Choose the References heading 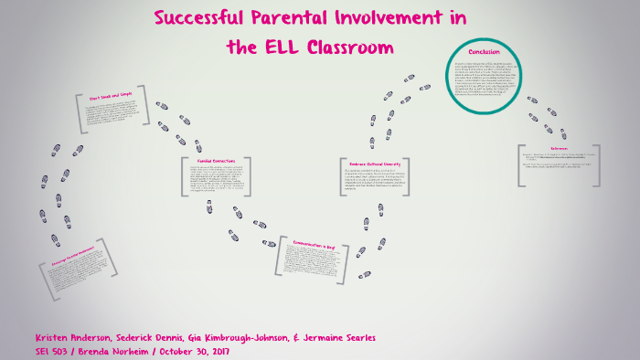click(x=559, y=148)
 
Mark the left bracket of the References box click(x=518, y=165)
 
